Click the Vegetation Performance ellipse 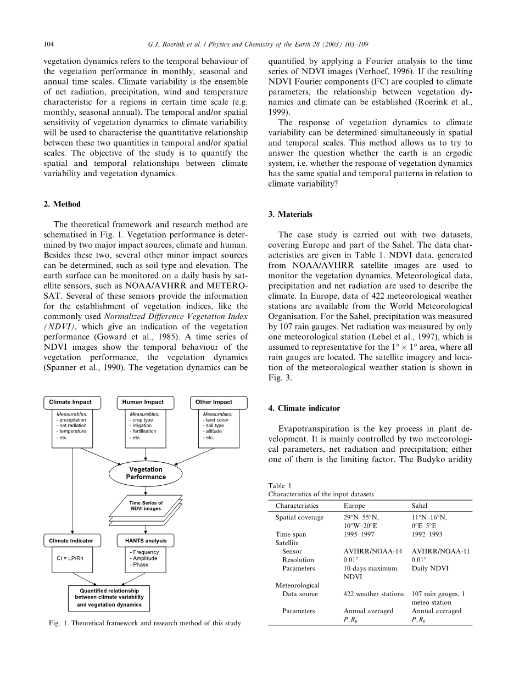coord(146,473)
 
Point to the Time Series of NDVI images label coord(146,506)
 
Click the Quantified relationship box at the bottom coord(108,597)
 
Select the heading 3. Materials coord(291,214)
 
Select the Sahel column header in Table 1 coord(420,506)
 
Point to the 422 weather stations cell coord(373,594)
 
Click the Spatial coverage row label coord(299,517)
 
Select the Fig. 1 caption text coord(145,624)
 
